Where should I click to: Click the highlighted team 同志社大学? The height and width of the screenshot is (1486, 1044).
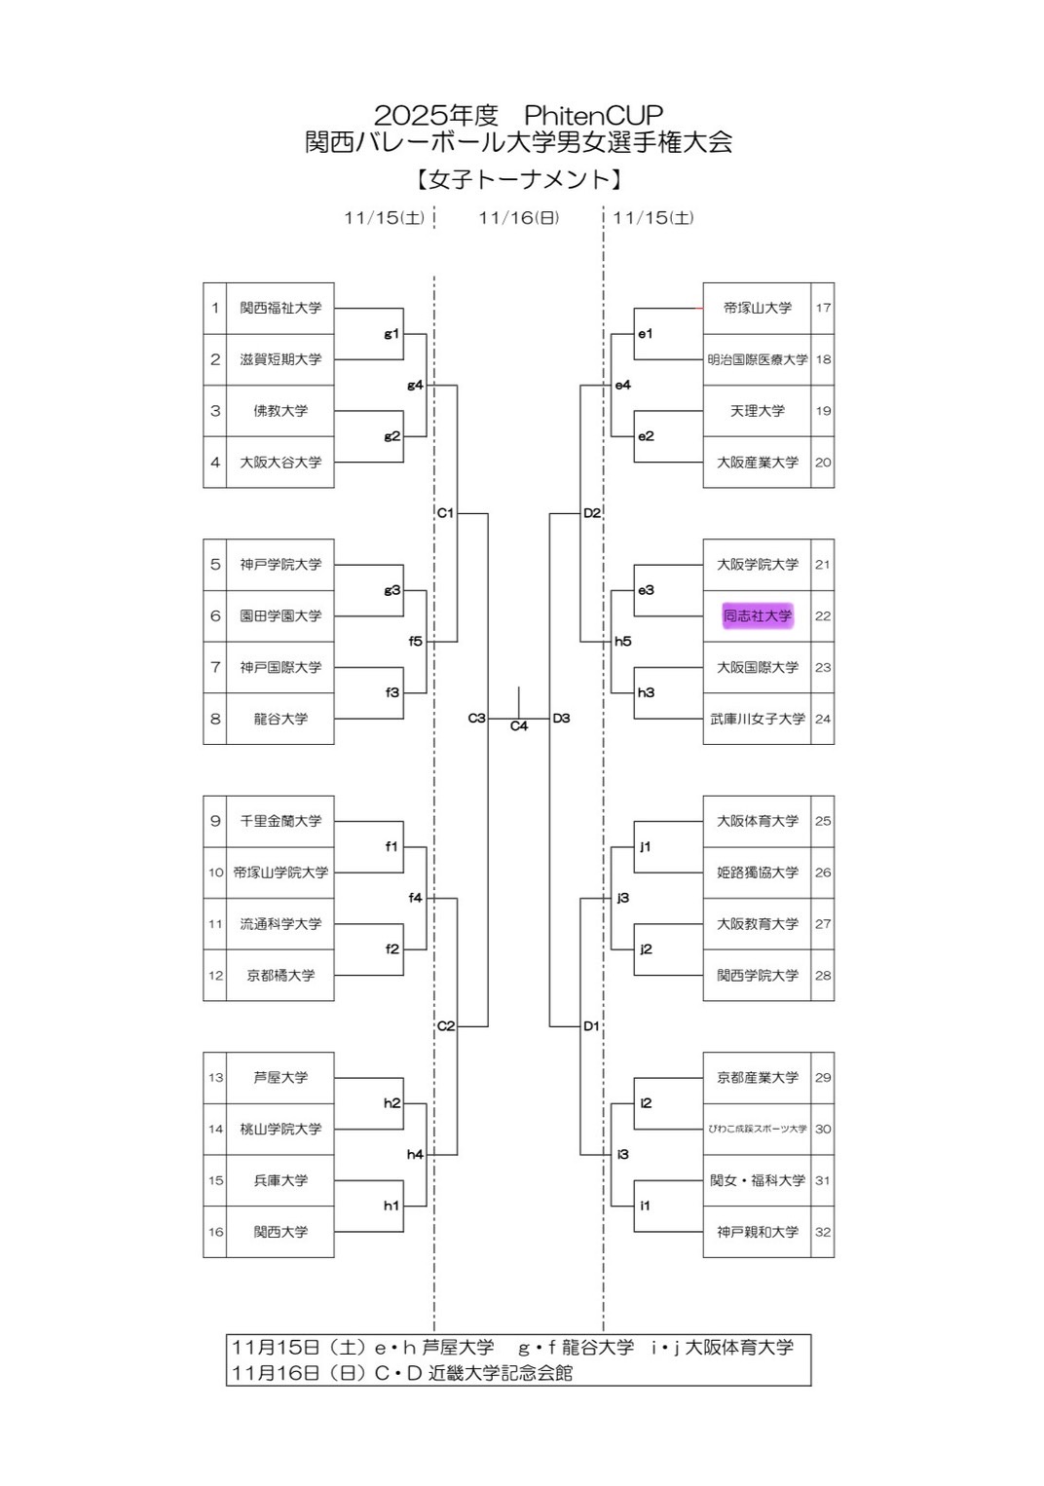tap(758, 615)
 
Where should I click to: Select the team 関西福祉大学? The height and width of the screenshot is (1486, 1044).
tap(280, 308)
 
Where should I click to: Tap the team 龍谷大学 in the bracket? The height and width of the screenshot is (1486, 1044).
tap(280, 719)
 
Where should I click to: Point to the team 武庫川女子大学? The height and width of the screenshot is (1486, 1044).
tap(758, 719)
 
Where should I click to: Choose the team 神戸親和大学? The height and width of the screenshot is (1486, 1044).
tap(758, 1232)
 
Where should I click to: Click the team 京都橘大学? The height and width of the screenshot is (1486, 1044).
tap(280, 975)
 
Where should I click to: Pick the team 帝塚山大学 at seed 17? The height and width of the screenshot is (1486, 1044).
tap(758, 308)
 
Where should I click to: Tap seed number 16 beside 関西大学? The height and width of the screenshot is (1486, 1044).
tap(215, 1232)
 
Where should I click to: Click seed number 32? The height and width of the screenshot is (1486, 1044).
tap(823, 1232)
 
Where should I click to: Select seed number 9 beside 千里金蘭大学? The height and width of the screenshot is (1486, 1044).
tap(215, 821)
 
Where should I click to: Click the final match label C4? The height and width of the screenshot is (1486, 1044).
tap(519, 726)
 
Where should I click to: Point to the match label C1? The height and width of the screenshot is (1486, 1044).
tap(445, 513)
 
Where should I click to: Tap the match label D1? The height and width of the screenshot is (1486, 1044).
tap(591, 1026)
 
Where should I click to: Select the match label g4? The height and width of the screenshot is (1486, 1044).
tap(415, 386)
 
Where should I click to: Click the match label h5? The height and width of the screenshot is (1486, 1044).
tap(623, 642)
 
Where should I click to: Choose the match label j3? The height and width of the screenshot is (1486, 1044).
tap(623, 898)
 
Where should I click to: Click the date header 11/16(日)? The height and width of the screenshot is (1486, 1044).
tap(519, 218)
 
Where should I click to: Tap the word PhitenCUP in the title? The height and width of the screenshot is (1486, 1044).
tap(593, 115)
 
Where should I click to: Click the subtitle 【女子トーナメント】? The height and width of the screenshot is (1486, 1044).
tap(519, 179)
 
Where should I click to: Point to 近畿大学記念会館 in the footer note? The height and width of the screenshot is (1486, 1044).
tap(501, 1373)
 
